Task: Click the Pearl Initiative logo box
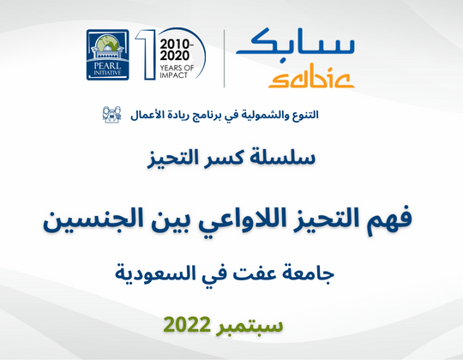click(x=108, y=55)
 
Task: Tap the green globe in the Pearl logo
click(x=107, y=43)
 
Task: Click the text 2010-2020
click(x=177, y=50)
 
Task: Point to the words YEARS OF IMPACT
click(x=177, y=72)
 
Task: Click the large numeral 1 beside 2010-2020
click(x=146, y=55)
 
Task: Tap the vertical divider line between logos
click(x=224, y=58)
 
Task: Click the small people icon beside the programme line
click(x=112, y=115)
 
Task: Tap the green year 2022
click(x=187, y=325)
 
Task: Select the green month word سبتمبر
click(x=250, y=326)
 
